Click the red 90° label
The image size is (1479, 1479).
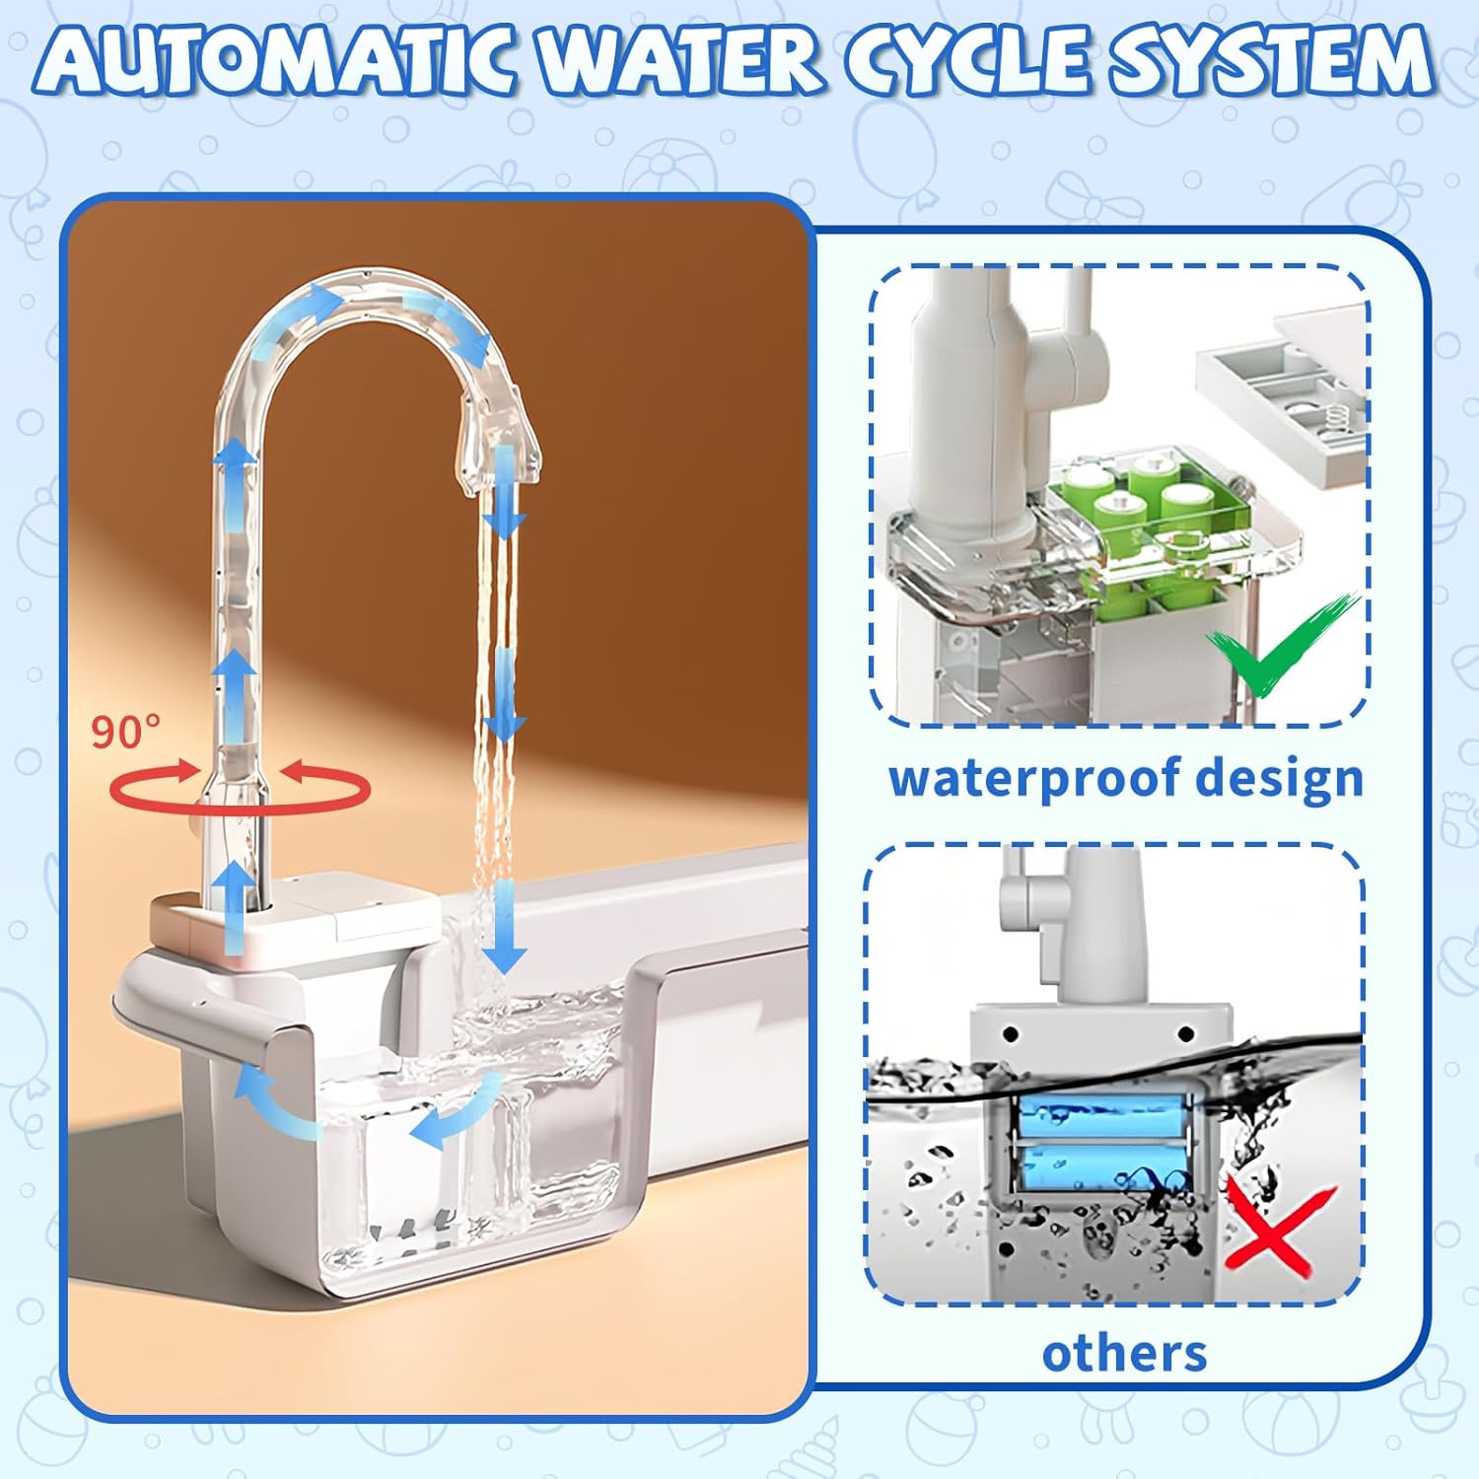[x=125, y=731]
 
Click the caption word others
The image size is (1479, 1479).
[x=1124, y=1354]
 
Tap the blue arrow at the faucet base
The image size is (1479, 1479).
[x=235, y=907]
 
